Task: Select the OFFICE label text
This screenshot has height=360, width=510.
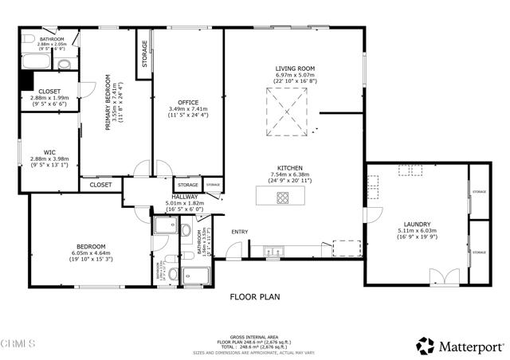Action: [x=188, y=102]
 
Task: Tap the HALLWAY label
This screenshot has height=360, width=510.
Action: [x=186, y=197]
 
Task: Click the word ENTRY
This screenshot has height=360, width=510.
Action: [x=240, y=232]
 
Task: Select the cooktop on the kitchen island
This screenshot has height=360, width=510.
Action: [x=283, y=197]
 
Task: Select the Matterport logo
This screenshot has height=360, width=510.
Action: [x=460, y=345]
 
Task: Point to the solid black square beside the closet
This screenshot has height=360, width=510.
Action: [x=25, y=81]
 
